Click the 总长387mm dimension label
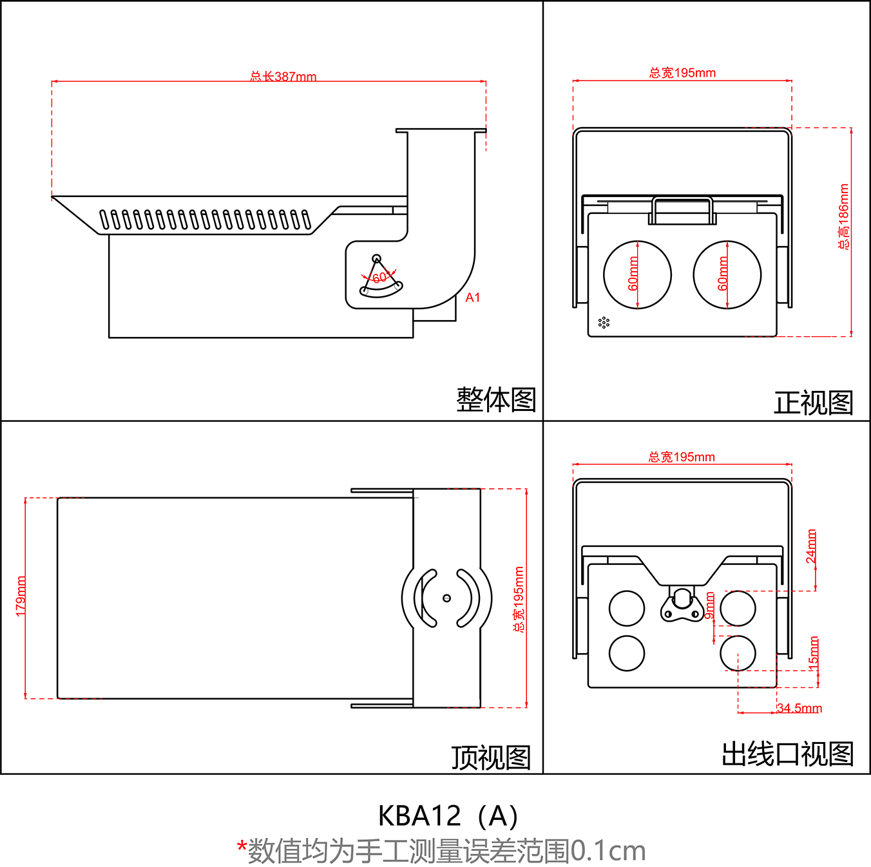pos(283,76)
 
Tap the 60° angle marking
pos(380,278)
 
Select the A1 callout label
pos(473,298)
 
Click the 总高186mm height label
pos(843,217)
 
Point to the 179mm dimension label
pos(21,596)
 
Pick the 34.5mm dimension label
pos(799,708)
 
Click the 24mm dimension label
pos(811,546)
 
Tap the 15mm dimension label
pos(814,652)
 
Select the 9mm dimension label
pos(709,606)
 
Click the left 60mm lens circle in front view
pos(637,275)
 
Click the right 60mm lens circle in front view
pos(727,275)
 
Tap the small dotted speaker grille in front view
pos(604,322)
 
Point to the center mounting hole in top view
pos(446,598)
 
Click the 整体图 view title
pos(496,400)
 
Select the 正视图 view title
pos(813,403)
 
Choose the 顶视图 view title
pos(491,757)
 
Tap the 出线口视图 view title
pos(787,754)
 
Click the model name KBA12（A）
pos(448,816)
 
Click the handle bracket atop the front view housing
pos(682,211)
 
